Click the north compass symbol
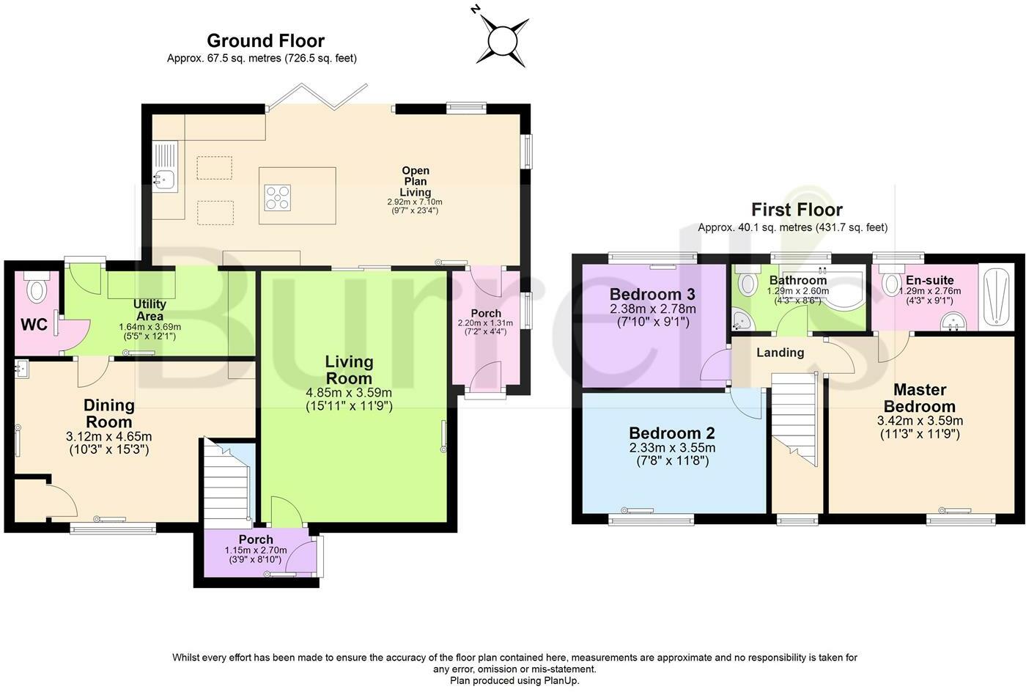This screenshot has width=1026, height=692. point(502,40)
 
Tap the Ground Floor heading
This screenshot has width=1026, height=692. point(265,41)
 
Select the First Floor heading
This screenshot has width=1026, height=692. point(797,210)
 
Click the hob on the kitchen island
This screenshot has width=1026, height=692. point(277,197)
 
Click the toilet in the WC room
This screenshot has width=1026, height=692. point(37,286)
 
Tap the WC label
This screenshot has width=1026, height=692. point(34,325)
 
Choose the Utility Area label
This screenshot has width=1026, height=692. point(150,310)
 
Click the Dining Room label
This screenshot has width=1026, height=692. point(109,413)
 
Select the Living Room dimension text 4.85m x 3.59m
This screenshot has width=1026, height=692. point(349,393)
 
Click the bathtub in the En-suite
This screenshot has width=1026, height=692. point(997,296)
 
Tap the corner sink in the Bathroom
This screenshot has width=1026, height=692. point(742,320)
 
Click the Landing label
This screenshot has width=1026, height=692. point(780,353)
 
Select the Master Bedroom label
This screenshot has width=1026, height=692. point(920,398)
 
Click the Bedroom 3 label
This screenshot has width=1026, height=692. point(652,294)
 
